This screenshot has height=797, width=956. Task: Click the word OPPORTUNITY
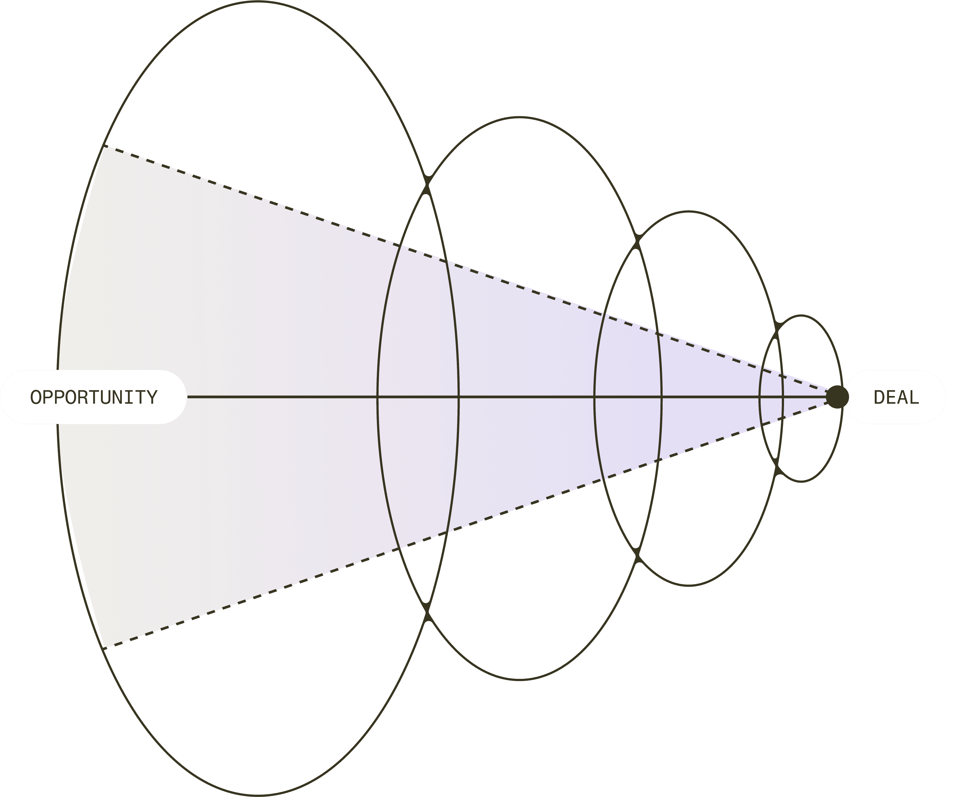[x=94, y=397]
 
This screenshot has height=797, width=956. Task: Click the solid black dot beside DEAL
[x=837, y=397]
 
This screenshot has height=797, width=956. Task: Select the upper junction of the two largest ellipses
[x=427, y=185]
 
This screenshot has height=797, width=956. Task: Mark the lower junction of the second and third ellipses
[x=637, y=555]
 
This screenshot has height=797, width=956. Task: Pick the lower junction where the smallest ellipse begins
[x=777, y=467]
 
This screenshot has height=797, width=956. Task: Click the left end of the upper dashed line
[x=104, y=146]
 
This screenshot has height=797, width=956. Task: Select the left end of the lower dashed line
[x=104, y=648]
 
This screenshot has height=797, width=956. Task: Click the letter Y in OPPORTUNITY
[x=152, y=397]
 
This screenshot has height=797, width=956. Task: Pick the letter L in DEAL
[x=914, y=397]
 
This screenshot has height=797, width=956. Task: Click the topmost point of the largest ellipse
[x=258, y=1]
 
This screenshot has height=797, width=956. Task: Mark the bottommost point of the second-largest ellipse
[x=519, y=680]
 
